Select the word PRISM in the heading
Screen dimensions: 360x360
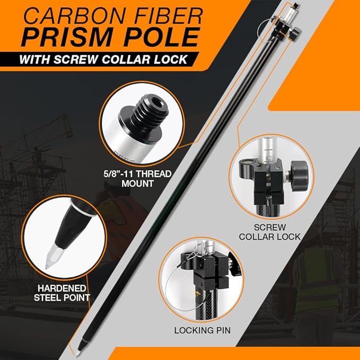(x=67, y=37)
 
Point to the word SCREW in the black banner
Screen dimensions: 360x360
(x=75, y=59)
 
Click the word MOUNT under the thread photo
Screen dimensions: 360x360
(x=137, y=183)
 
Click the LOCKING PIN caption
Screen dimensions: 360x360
(x=203, y=330)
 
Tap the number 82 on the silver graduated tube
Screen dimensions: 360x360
(x=267, y=159)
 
